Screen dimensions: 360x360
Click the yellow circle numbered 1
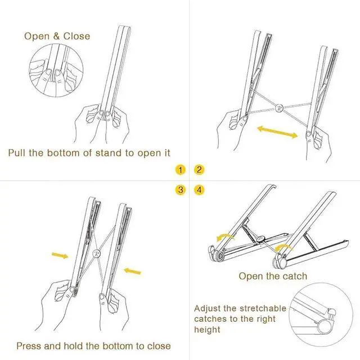(x=180, y=170)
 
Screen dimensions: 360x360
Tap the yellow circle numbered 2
(x=199, y=170)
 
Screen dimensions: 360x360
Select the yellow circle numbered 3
(x=180, y=190)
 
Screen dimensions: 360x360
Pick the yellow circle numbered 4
(x=199, y=190)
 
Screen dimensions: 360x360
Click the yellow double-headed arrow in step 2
(x=277, y=132)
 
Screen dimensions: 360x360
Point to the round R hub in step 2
(x=279, y=108)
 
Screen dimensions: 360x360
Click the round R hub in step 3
(x=97, y=254)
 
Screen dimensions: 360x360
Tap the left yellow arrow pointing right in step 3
(x=60, y=255)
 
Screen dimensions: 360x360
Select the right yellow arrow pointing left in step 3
(x=133, y=271)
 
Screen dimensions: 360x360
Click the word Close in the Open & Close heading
(x=76, y=36)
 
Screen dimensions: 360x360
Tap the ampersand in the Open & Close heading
(x=56, y=36)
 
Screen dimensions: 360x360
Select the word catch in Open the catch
(x=295, y=276)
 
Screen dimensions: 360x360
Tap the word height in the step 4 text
(x=207, y=330)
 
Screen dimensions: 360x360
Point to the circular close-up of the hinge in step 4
(x=321, y=315)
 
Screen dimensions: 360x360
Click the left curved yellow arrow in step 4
(x=225, y=237)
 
